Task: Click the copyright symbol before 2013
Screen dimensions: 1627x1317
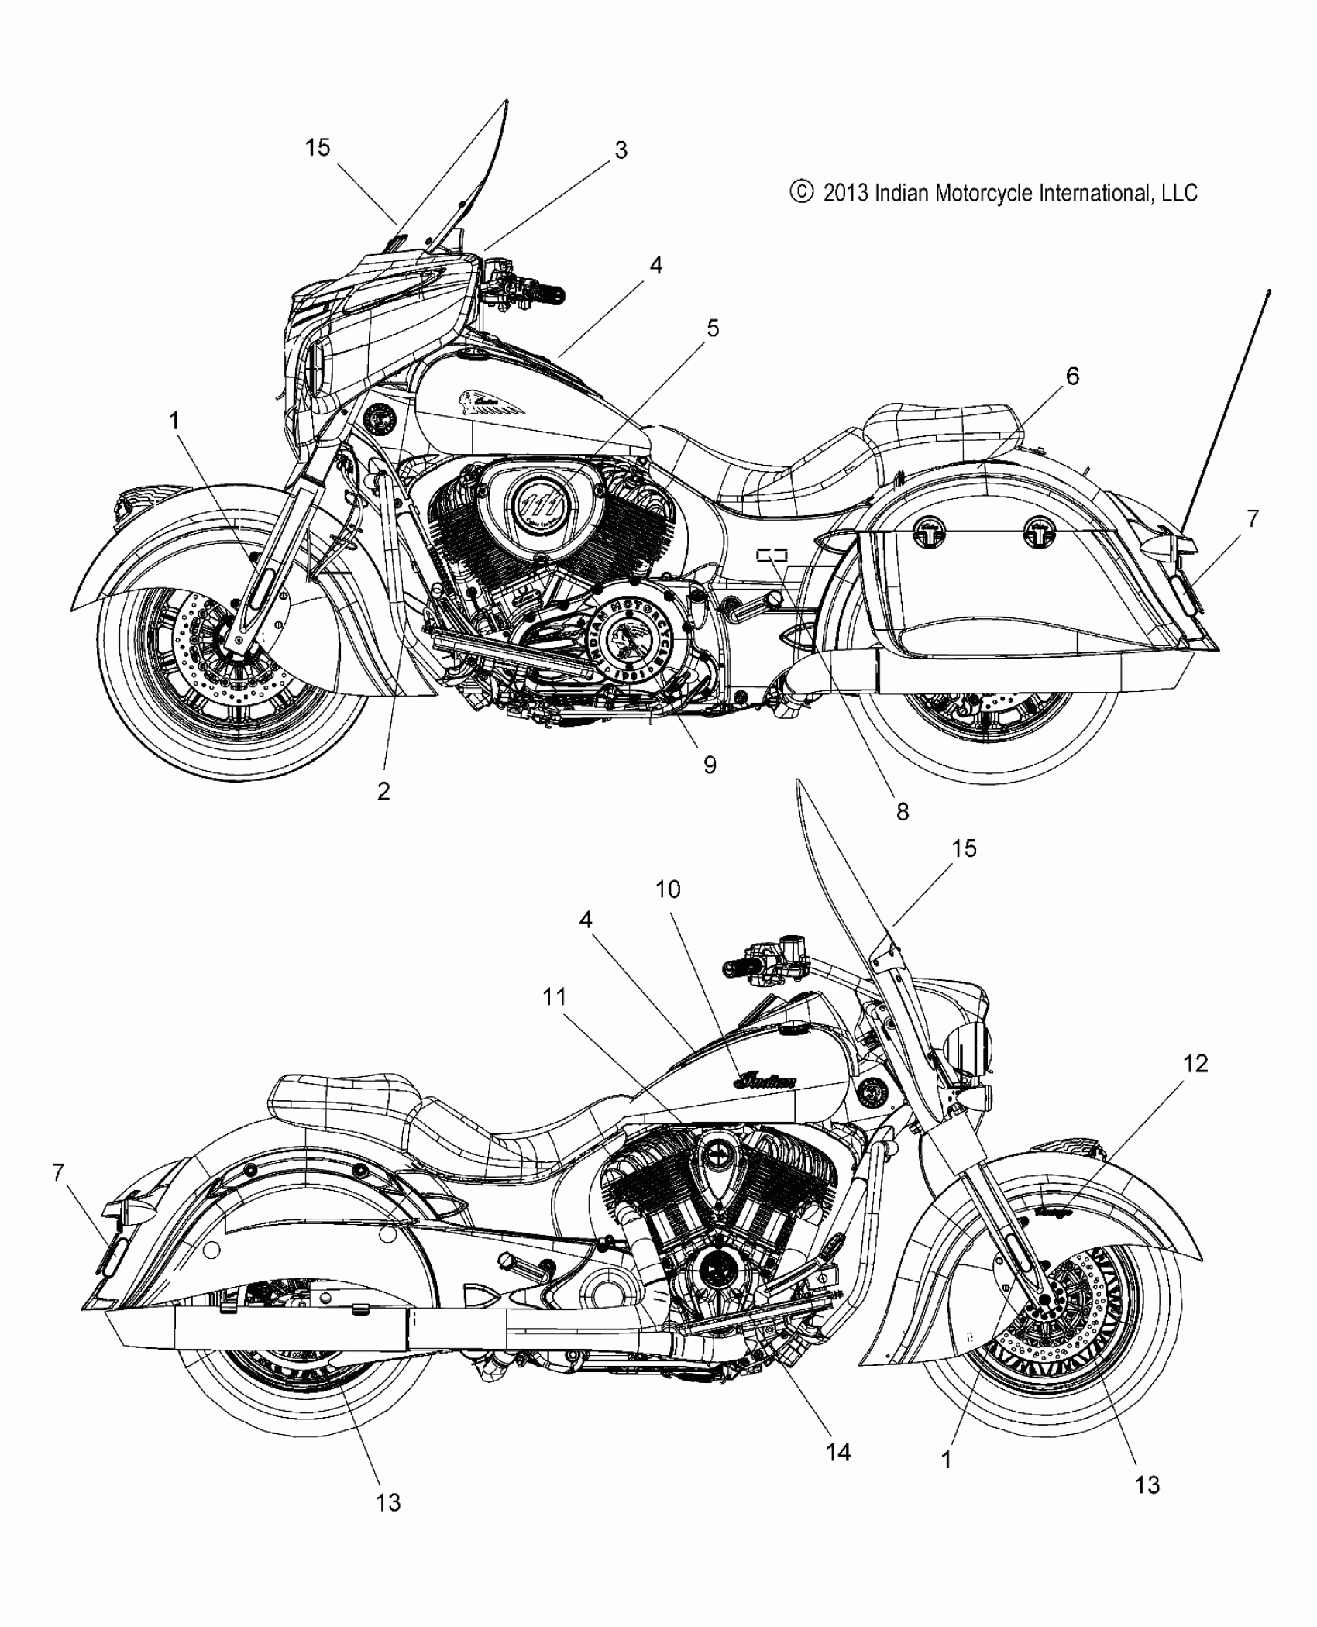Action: [801, 192]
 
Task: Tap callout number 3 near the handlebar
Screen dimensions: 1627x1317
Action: [621, 150]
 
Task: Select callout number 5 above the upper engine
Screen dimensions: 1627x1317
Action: [713, 328]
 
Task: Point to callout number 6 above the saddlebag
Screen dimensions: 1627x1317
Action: [1072, 377]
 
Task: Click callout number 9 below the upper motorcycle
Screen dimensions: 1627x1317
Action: [710, 765]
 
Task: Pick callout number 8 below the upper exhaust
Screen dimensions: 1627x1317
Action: [902, 812]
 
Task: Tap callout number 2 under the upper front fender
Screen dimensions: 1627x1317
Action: [383, 791]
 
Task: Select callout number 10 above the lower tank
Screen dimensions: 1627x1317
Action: [668, 889]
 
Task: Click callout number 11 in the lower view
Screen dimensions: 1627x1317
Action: [555, 997]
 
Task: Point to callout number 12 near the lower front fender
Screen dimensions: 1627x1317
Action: [1196, 1064]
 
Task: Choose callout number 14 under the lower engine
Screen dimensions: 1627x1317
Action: [839, 1452]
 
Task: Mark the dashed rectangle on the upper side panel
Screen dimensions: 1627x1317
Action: [772, 554]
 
